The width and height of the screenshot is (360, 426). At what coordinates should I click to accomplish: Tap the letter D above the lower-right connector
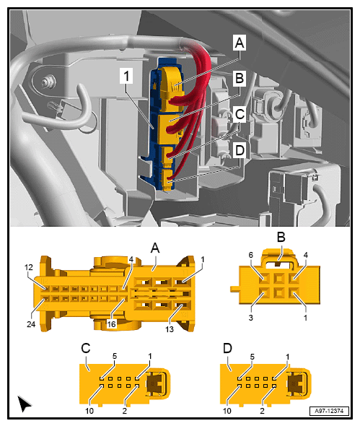coord(229,347)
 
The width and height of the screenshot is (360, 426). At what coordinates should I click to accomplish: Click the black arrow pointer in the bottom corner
coord(24,404)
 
